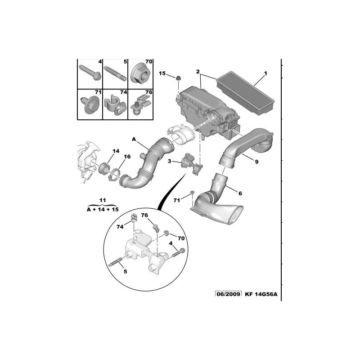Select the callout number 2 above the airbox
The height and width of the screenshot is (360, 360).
(x=198, y=72)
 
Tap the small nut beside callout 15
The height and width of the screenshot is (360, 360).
(x=178, y=78)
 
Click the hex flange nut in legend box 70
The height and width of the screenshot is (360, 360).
(x=141, y=74)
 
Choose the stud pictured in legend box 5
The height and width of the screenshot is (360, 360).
(x=115, y=73)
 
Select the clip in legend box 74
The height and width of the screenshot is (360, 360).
(x=115, y=105)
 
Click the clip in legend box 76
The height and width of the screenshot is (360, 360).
(x=140, y=105)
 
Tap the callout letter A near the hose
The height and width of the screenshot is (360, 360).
(x=134, y=139)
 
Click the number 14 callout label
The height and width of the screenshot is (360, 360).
(x=116, y=151)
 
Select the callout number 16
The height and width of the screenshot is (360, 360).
(x=127, y=156)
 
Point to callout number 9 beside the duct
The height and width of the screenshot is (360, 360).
(x=256, y=162)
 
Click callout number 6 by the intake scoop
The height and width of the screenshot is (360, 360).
(x=240, y=193)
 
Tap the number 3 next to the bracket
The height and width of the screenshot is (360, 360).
(x=169, y=161)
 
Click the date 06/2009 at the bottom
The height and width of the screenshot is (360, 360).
(x=229, y=294)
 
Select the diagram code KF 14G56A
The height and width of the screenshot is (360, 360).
(x=261, y=294)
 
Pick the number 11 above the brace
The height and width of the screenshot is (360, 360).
(x=103, y=200)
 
